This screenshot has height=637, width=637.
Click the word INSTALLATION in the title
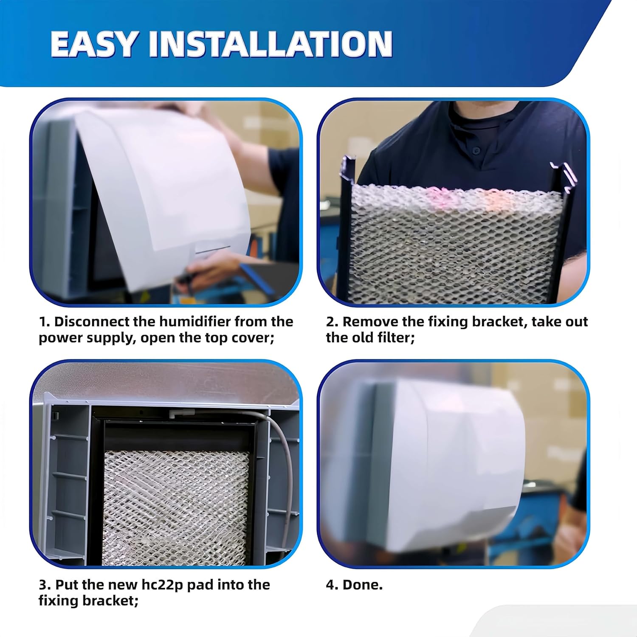pos(270,44)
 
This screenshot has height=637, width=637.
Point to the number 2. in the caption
pos(332,321)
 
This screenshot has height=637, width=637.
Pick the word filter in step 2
pos(397,338)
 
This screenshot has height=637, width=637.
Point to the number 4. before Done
pos(332,585)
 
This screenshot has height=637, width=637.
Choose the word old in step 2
pos(366,338)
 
